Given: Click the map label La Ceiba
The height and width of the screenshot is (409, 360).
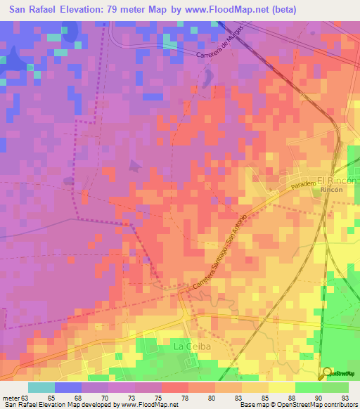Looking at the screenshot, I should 192,346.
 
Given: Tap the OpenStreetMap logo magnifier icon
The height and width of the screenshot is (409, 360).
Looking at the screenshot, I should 327,372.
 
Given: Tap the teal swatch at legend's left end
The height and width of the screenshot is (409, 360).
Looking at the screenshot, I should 41,388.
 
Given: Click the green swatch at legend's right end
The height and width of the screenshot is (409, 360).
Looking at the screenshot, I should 335,388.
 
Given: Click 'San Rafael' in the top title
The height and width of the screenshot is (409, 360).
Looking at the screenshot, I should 37,10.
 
